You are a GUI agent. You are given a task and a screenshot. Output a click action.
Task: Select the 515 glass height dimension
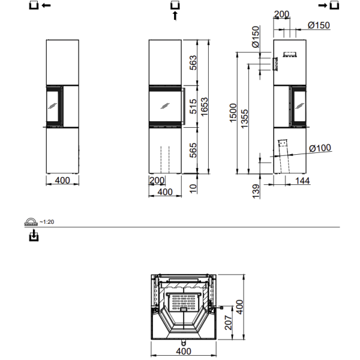[x=193, y=106]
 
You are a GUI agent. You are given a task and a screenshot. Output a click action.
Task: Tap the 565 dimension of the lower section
[x=193, y=150]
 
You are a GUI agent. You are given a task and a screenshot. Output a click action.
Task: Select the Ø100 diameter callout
[x=321, y=148]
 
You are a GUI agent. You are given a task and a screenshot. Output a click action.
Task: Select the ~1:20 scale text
[x=47, y=221]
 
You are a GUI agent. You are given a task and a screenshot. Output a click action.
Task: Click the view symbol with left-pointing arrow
[x=40, y=5]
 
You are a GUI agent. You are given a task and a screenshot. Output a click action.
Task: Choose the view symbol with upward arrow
[x=175, y=10]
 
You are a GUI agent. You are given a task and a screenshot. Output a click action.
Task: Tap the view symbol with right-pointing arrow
[x=330, y=5]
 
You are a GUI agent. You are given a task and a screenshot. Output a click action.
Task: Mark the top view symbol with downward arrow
[x=34, y=236]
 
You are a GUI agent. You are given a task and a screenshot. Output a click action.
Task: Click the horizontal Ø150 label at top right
[x=319, y=25]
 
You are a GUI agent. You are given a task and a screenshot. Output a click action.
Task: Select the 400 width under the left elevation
[x=62, y=180]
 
